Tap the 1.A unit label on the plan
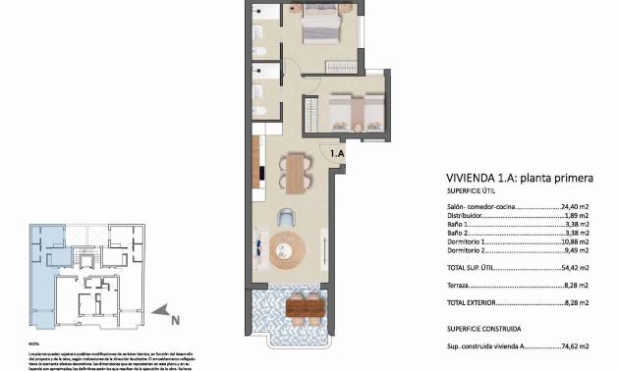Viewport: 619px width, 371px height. point(337,154)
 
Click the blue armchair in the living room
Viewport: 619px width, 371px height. point(288,218)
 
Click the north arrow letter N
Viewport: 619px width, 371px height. point(174,318)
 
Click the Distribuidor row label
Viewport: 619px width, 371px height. point(466,216)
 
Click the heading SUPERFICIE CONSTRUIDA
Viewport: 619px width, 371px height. point(483,329)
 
